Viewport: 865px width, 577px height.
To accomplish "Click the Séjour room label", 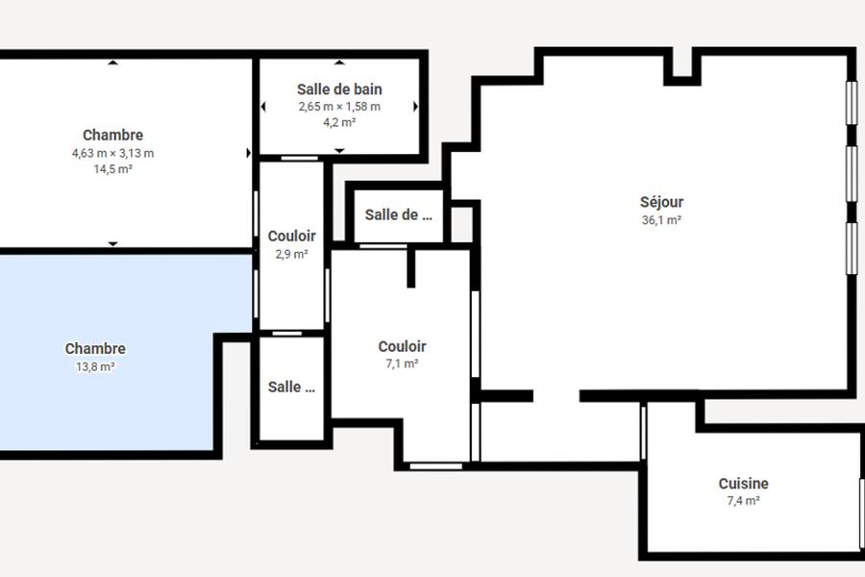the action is (661, 202).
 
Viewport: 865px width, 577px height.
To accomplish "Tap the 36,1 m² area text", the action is (661, 220).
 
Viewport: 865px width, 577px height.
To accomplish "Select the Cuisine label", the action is (743, 484).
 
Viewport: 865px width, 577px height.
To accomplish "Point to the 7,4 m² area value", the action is (743, 501).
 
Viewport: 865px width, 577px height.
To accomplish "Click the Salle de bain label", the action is (339, 89).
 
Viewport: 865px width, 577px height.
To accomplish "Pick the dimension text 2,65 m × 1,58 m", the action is (339, 107).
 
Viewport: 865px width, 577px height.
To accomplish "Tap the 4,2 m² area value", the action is (339, 122).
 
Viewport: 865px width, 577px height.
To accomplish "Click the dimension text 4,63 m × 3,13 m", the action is (113, 153).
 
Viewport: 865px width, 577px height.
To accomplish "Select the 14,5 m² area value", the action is (113, 169).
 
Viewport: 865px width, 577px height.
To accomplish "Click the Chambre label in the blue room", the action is (95, 349).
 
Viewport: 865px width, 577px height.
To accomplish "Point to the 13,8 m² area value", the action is (95, 366).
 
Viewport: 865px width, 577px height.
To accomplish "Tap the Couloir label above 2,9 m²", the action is (292, 237).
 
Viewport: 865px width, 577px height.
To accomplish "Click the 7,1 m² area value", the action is (402, 364).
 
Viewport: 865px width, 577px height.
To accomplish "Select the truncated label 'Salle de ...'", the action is (398, 214).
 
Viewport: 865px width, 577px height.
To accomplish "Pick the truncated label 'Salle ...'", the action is (291, 387).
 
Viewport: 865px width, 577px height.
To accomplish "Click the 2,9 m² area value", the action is (292, 254).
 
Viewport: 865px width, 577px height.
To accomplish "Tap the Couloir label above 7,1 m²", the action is (402, 347).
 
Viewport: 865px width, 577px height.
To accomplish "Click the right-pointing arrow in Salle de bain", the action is (416, 107).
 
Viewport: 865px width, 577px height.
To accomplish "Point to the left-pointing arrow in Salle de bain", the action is (263, 107).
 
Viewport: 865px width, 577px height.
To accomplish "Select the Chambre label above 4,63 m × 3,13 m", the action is (113, 136).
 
